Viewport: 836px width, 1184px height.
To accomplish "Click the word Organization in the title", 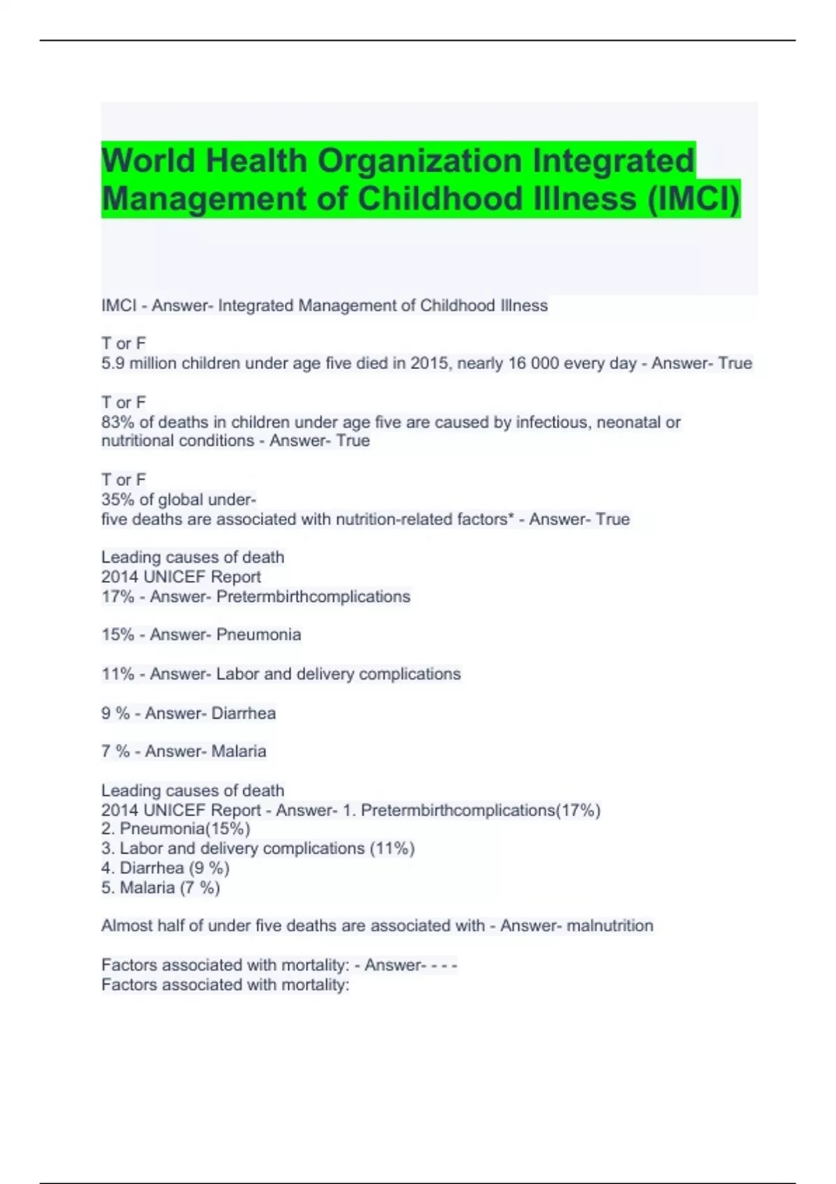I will pyautogui.click(x=420, y=161).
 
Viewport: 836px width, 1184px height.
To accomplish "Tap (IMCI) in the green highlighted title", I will pyautogui.click(x=693, y=198).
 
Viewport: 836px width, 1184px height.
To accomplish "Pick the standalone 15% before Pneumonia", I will pyautogui.click(x=117, y=634).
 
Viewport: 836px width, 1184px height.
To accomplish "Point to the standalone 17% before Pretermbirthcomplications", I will pyautogui.click(x=117, y=597).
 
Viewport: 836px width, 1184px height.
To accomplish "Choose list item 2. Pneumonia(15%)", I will pyautogui.click(x=176, y=829).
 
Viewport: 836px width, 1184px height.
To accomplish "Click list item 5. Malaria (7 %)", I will pyautogui.click(x=160, y=888).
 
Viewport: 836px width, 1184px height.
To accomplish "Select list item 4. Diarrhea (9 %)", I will pyautogui.click(x=165, y=868).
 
